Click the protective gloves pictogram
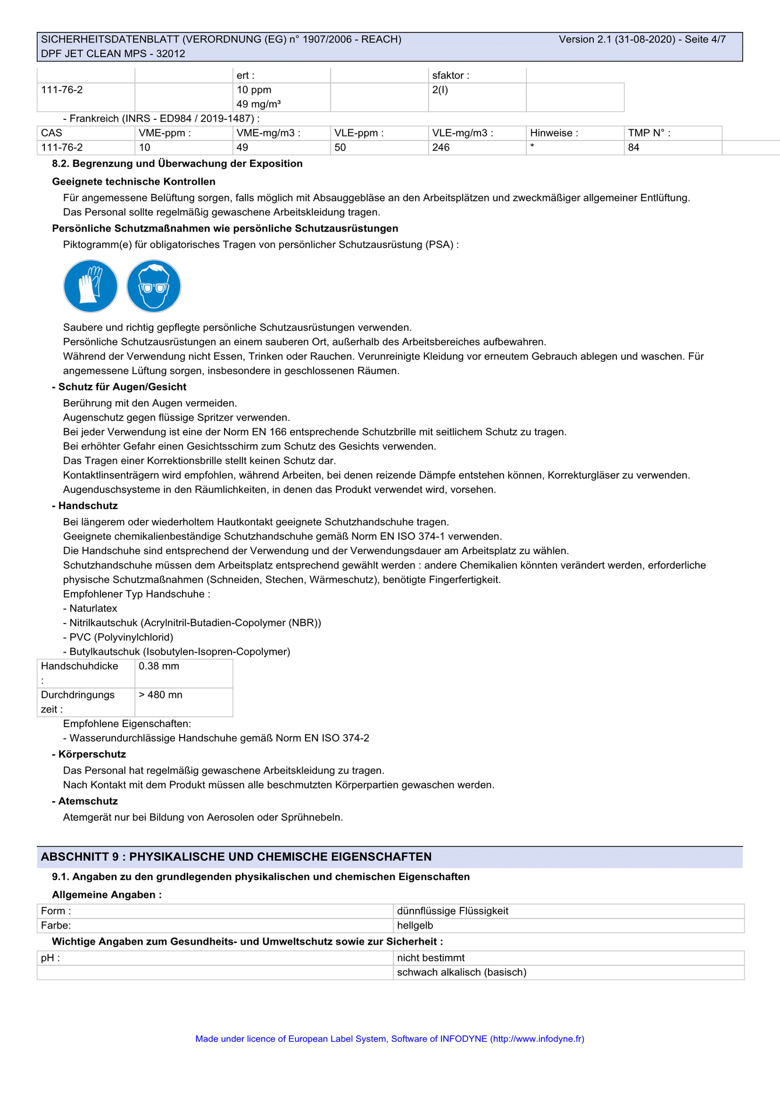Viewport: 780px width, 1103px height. point(90,286)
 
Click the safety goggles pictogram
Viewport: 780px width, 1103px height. point(154,286)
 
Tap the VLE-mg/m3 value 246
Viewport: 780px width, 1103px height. point(441,147)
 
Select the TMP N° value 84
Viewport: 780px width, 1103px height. point(634,147)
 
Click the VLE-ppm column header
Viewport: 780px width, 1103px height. point(359,133)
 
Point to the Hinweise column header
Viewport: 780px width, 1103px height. point(554,133)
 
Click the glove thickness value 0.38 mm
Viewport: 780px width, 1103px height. point(159,666)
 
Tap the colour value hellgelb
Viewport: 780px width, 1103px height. point(415,925)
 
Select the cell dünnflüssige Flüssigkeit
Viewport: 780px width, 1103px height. point(452,911)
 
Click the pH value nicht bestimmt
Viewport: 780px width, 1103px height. point(431,958)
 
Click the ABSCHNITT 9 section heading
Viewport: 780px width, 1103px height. point(236,857)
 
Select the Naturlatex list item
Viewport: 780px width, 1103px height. point(93,608)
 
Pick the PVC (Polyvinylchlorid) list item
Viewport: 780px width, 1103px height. point(121,637)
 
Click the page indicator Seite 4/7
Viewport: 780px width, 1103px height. point(705,39)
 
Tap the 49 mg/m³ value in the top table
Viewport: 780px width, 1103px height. point(259,104)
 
